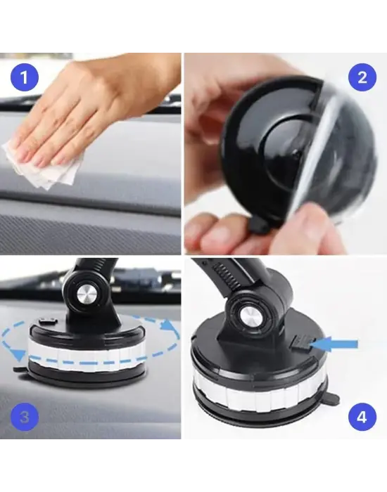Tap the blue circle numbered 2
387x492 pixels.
[x=362, y=77]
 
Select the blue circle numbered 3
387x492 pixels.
[x=25, y=418]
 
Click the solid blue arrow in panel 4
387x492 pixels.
[x=338, y=344]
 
